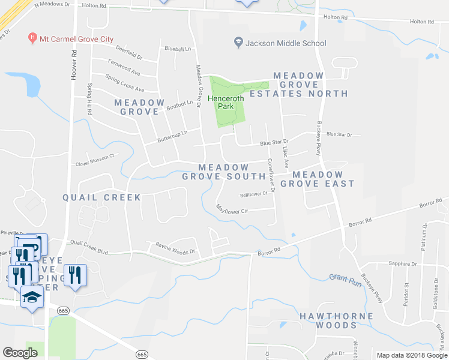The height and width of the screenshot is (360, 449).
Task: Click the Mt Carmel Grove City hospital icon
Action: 32,39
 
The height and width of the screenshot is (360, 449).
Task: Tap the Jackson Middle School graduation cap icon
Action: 238,43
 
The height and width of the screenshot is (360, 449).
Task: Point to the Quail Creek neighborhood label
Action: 102,197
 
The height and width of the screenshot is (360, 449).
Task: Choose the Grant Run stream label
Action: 346,280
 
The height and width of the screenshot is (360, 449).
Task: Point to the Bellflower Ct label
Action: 253,194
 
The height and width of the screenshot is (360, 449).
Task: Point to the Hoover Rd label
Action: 74,65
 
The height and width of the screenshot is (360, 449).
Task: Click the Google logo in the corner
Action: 20,353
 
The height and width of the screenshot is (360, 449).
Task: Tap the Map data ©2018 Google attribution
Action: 411,355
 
